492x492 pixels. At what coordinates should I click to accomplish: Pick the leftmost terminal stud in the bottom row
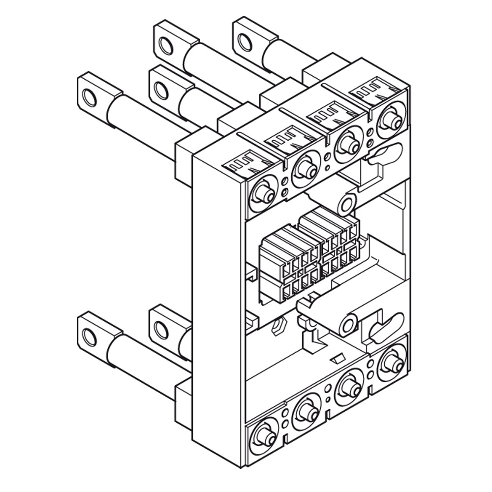(264, 436)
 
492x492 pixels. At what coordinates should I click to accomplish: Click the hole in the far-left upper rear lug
(89, 97)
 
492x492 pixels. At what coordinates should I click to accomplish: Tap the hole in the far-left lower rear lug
(89, 337)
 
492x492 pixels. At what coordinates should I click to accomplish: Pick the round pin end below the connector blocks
(348, 325)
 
